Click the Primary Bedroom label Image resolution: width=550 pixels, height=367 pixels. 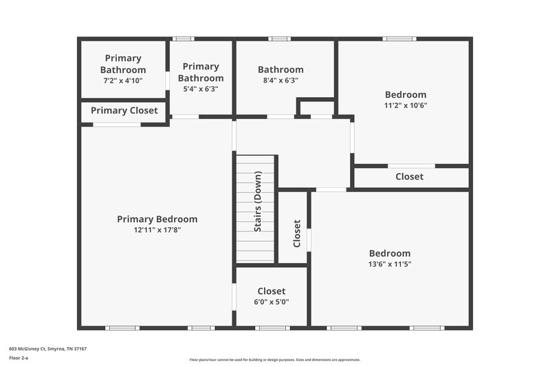pyautogui.click(x=157, y=219)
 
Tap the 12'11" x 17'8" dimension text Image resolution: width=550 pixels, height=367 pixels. pyautogui.click(x=157, y=230)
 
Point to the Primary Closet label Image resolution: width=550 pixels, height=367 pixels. pyautogui.click(x=124, y=110)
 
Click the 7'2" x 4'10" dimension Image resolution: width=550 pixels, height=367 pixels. pyautogui.click(x=123, y=81)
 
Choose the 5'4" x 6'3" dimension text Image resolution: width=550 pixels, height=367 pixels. pyautogui.click(x=201, y=88)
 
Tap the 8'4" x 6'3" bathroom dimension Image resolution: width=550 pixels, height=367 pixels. pyautogui.click(x=280, y=80)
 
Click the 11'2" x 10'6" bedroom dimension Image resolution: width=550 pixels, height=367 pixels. pyautogui.click(x=405, y=105)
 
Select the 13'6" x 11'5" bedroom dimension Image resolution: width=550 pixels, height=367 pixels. pyautogui.click(x=389, y=264)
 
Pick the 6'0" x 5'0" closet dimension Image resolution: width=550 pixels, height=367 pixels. pyautogui.click(x=271, y=302)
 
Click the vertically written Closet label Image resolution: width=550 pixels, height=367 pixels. pyautogui.click(x=297, y=234)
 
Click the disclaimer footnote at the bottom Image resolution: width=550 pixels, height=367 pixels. pyautogui.click(x=274, y=359)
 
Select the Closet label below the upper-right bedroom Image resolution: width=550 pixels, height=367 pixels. pyautogui.click(x=409, y=177)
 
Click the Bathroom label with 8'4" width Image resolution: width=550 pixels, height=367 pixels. pyautogui.click(x=280, y=70)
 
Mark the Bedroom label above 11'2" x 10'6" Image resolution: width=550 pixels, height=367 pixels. pyautogui.click(x=405, y=94)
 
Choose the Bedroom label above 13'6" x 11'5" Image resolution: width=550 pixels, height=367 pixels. pyautogui.click(x=389, y=253)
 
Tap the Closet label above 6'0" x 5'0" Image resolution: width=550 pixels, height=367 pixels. pyautogui.click(x=271, y=291)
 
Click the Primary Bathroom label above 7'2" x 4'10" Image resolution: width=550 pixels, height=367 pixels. pyautogui.click(x=123, y=64)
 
